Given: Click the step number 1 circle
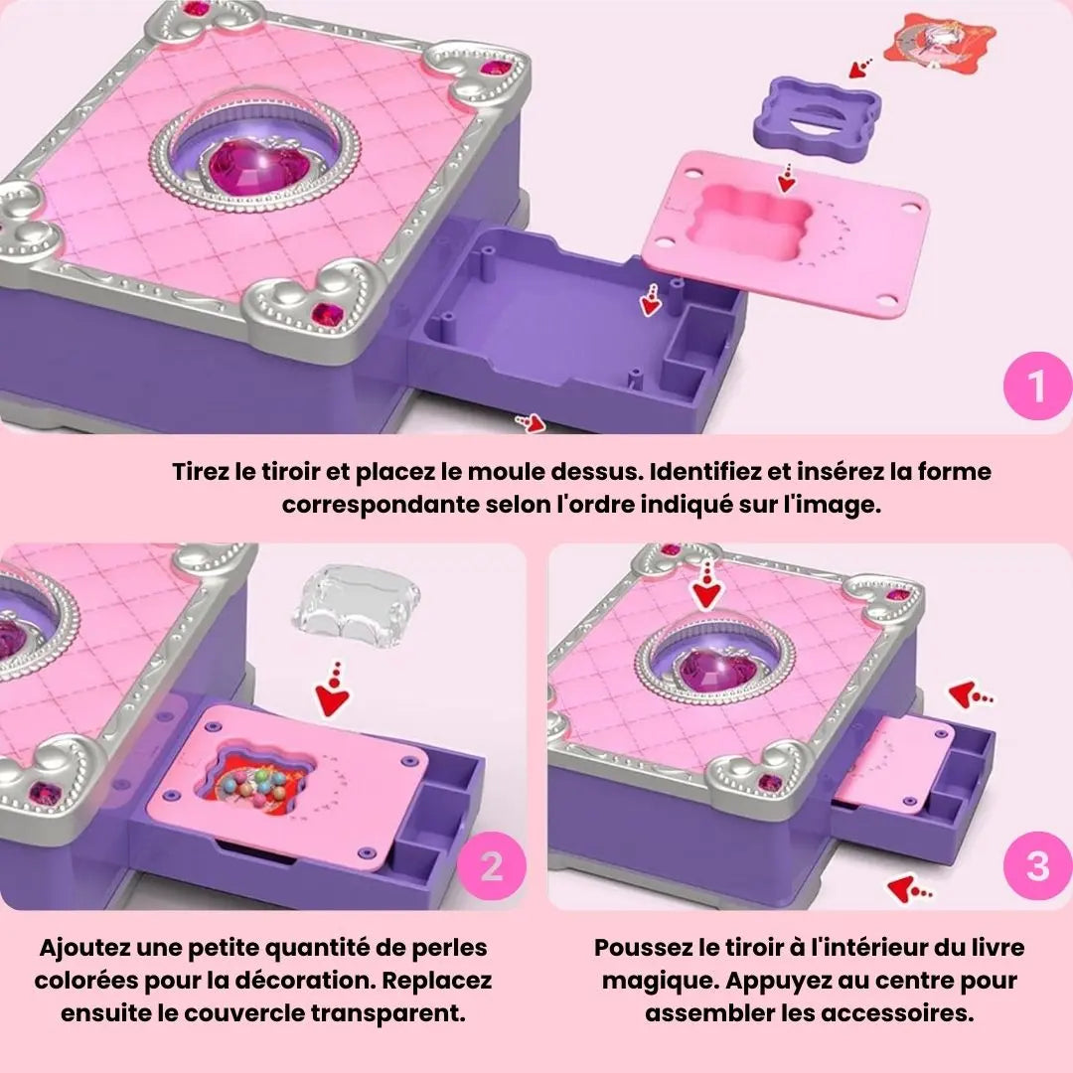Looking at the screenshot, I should [1036, 385].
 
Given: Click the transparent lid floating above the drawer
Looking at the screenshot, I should [357, 608].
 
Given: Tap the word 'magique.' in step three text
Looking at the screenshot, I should [656, 981].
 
